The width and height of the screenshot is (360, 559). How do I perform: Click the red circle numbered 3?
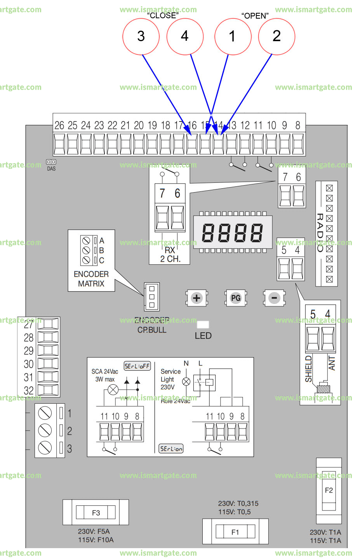point(141,36)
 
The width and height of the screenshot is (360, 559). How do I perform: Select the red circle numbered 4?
point(185,36)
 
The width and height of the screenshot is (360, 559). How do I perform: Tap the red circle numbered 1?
point(233,36)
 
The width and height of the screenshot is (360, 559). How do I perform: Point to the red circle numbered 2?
point(277,36)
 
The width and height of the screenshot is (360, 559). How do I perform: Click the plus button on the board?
point(197,298)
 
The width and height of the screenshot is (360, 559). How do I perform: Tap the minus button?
point(274,298)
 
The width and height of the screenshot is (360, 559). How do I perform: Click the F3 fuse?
point(96,512)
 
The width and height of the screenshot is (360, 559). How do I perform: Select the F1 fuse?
point(235,532)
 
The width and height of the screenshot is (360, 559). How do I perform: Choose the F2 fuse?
point(329,490)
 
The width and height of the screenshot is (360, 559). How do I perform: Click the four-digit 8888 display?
point(233,233)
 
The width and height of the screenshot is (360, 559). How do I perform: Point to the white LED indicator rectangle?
point(203,325)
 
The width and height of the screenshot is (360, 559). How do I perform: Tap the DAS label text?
point(51,169)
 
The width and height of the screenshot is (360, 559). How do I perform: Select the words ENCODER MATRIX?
point(91,279)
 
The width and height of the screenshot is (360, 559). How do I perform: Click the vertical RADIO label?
point(320,233)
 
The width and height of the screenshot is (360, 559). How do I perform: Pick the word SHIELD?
point(308,369)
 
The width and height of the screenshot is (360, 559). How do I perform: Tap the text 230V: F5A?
point(94,531)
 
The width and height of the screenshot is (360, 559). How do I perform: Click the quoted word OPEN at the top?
point(255,16)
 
